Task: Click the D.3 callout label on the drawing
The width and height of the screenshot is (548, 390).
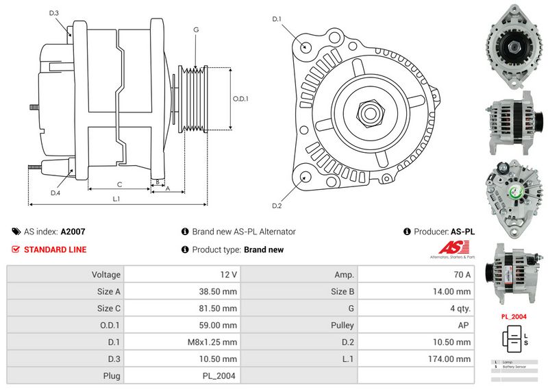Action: tap(54, 12)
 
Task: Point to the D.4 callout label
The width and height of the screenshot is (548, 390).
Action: tap(55, 193)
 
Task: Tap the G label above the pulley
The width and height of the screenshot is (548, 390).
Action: tap(196, 29)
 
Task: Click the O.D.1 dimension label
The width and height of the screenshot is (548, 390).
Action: tap(240, 99)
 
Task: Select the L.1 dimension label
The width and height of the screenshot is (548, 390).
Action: tap(116, 199)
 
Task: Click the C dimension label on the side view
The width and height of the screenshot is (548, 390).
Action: tap(119, 184)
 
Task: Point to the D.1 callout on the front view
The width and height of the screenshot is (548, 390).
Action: tap(277, 19)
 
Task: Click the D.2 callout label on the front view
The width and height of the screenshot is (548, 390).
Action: tap(277, 206)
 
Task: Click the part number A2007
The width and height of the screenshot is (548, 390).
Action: tap(73, 232)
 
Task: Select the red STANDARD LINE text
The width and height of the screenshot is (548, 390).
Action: tap(55, 249)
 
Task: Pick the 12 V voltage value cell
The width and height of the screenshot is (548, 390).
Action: tap(229, 275)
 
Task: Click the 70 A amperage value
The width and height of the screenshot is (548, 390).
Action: tap(463, 275)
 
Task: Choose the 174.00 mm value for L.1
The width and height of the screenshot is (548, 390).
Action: tap(455, 358)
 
